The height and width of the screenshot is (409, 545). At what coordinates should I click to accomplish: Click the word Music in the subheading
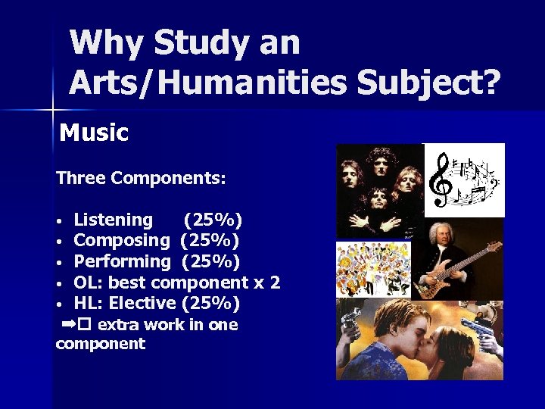click(94, 133)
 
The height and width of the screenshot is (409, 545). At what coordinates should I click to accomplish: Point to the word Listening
click(113, 220)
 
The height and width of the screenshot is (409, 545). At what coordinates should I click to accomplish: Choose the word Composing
click(122, 241)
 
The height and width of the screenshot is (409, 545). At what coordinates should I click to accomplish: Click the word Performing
click(123, 262)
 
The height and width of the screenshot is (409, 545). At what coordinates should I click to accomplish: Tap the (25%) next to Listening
click(213, 220)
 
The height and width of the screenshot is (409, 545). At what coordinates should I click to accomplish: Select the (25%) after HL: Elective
click(210, 304)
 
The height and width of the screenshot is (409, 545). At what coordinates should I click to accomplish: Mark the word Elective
click(142, 304)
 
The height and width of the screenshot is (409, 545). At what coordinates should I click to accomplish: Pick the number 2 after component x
click(275, 283)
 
